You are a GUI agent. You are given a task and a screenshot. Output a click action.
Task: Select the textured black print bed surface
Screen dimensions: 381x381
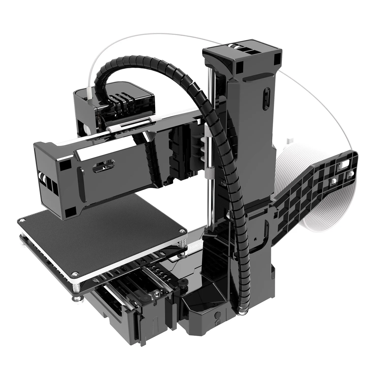coord(107,229)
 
